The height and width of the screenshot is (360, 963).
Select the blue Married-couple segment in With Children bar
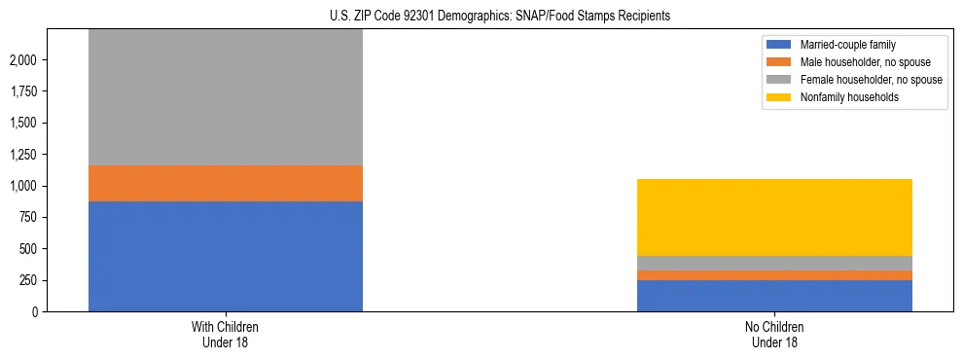[x=226, y=256]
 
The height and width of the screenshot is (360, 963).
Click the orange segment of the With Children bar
[x=226, y=183]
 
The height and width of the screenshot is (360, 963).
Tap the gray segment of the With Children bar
[x=226, y=97]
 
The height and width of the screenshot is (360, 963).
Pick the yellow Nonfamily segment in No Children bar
[x=774, y=217]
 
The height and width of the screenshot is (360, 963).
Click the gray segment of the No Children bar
[x=774, y=263]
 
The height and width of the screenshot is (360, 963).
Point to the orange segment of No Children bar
[x=774, y=275]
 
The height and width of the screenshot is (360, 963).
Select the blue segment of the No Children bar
[x=774, y=296]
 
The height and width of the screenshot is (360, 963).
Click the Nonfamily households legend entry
[x=842, y=97]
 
